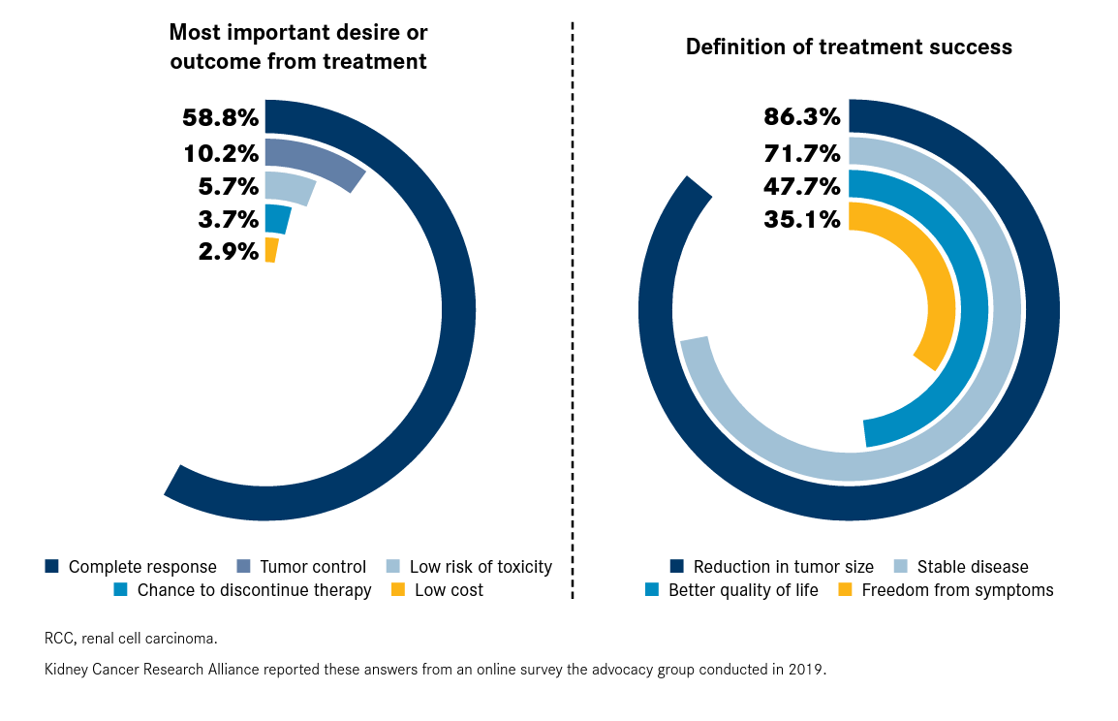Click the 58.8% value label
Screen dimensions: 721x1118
pos(221,119)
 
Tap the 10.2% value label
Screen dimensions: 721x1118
pos(221,153)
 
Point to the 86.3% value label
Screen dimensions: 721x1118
pos(802,117)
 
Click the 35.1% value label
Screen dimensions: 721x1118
pos(802,220)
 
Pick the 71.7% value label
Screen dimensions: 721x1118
pos(802,152)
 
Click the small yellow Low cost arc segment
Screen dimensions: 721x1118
pos(271,250)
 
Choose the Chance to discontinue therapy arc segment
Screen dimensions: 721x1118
pos(277,219)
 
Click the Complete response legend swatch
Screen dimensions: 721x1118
pos(52,566)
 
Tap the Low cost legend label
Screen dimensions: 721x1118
pos(449,590)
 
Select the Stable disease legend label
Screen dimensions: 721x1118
pos(973,567)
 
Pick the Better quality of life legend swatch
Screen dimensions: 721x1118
pos(652,590)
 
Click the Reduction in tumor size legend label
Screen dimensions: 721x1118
pos(784,567)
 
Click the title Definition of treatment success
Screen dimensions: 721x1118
pos(849,47)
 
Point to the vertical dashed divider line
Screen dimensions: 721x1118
pos(573,310)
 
